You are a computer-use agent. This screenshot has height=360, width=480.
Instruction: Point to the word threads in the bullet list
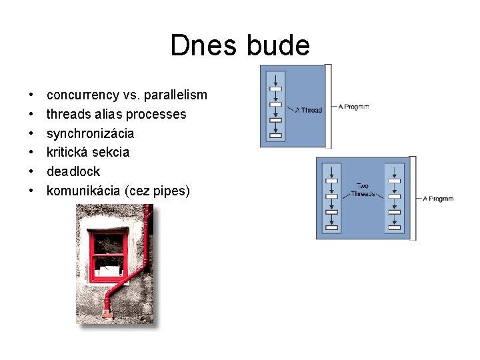pos(67,115)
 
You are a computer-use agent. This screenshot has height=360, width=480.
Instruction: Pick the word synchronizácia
pos(90,133)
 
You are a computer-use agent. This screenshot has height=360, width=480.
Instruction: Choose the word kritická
pos(67,153)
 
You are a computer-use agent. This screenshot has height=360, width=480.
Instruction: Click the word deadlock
pos(73,172)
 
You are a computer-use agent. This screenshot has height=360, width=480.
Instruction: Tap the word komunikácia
pos(83,191)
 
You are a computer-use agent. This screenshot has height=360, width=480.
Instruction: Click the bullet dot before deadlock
pos(32,172)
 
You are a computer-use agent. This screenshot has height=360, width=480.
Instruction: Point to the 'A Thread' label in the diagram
pos(309,110)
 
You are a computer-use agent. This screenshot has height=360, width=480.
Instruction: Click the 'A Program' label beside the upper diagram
pos(353,107)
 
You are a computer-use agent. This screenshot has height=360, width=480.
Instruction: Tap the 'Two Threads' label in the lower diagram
pos(363,189)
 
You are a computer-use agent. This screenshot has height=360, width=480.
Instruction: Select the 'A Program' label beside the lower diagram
pos(438,198)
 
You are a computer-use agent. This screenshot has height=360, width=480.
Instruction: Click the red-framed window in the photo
pos(108,253)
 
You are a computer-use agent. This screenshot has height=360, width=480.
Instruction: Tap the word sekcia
pos(111,153)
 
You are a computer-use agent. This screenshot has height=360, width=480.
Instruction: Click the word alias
pos(109,115)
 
